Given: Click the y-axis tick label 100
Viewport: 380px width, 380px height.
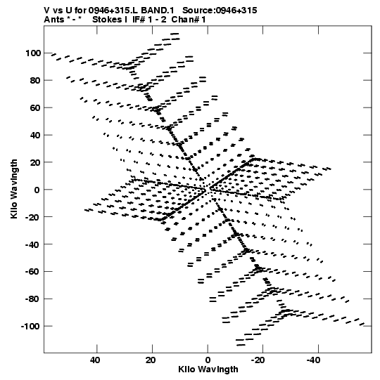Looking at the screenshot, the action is click(x=33, y=53).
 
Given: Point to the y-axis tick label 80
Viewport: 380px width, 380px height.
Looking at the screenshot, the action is click(x=35, y=81).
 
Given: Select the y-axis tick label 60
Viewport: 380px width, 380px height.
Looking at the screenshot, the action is click(x=35, y=108).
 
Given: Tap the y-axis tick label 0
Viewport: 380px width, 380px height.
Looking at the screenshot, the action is click(x=37, y=190).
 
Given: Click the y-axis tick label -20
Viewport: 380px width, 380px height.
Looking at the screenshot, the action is click(x=32, y=217).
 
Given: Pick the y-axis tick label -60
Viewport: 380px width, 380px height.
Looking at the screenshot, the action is click(x=32, y=272).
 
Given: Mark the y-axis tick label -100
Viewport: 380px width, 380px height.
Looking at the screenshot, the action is click(x=30, y=327).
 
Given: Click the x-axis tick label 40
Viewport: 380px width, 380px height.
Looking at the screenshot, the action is click(x=95, y=360).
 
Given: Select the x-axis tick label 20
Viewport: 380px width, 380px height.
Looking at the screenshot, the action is click(x=151, y=360).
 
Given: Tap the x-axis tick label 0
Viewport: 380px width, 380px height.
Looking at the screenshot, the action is click(x=208, y=360).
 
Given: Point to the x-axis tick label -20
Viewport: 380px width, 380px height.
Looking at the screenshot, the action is click(x=258, y=360).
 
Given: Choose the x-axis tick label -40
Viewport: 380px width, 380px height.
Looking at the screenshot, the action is click(x=313, y=360).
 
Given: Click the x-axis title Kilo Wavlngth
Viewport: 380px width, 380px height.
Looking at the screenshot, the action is click(x=208, y=369).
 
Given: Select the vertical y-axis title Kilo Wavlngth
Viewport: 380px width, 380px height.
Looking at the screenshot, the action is click(x=14, y=189).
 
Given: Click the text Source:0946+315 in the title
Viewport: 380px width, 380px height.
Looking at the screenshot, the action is click(x=220, y=11).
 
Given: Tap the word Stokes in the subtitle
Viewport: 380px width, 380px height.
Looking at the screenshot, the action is click(x=107, y=20).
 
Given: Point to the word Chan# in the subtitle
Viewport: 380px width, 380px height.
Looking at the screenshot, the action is click(x=186, y=20).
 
